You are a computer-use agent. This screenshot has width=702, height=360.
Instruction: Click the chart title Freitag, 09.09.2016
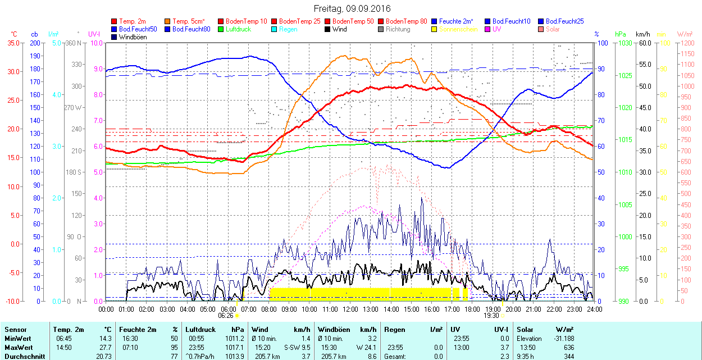click(x=352, y=8)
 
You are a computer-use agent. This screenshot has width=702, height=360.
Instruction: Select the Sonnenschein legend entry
click(x=458, y=29)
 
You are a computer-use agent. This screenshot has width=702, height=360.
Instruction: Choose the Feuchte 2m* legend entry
click(x=456, y=21)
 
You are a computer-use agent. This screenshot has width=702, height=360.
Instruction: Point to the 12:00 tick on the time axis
click(x=350, y=309)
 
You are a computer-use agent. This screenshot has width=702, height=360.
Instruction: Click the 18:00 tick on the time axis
click(x=472, y=309)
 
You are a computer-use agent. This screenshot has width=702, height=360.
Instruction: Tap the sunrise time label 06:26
click(x=226, y=316)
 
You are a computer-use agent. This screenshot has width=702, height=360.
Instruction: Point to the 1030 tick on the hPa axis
click(x=623, y=43)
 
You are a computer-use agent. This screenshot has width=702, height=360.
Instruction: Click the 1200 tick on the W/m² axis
click(x=687, y=43)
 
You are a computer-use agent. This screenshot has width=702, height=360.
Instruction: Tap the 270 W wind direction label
click(x=73, y=107)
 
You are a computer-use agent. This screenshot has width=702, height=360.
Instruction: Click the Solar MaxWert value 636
click(x=567, y=347)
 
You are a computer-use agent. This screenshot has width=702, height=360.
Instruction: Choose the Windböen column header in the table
click(x=333, y=330)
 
